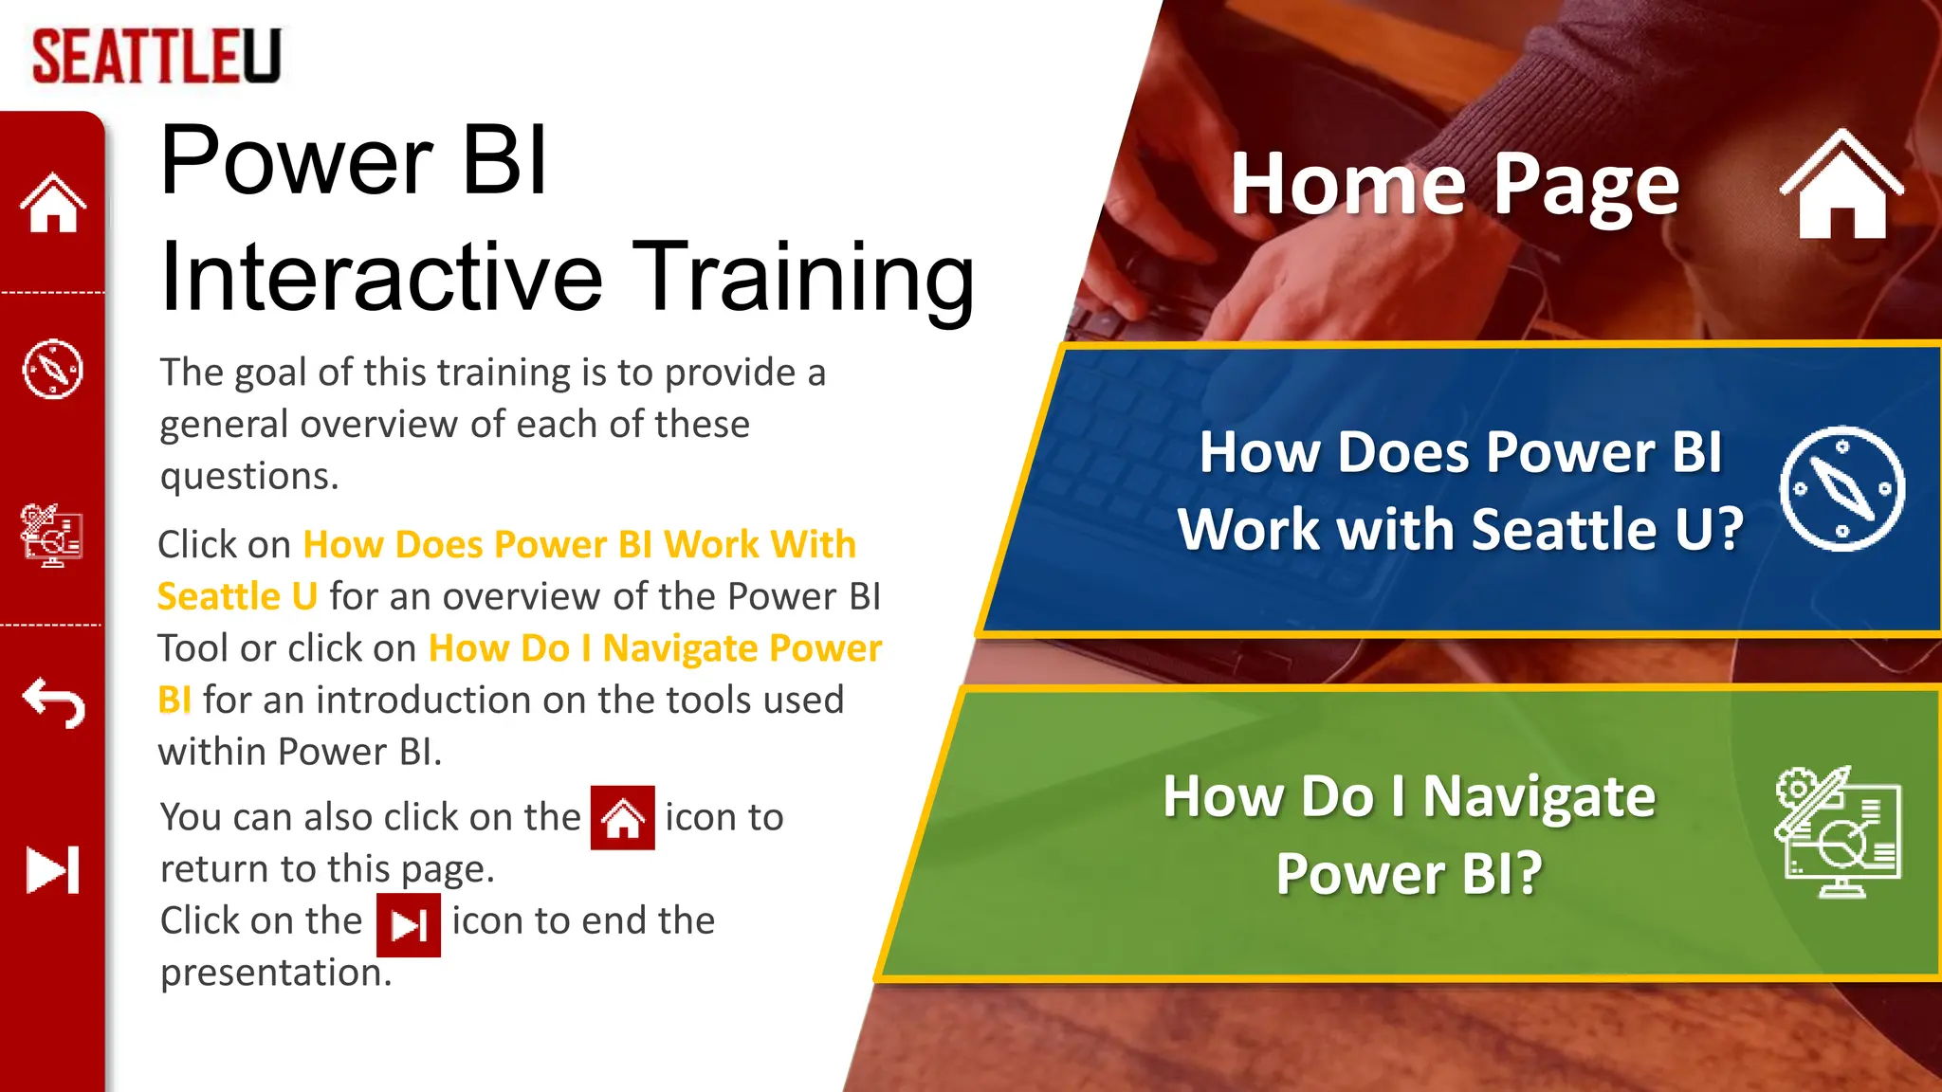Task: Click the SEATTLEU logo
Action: click(x=156, y=56)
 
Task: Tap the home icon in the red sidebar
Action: click(x=53, y=203)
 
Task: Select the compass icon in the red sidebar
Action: click(x=53, y=369)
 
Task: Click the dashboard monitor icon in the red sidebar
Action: click(x=52, y=536)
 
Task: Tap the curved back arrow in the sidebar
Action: click(x=54, y=702)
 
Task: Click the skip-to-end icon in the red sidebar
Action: click(x=53, y=869)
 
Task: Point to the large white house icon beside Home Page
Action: click(x=1841, y=185)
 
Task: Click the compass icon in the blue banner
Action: click(x=1841, y=489)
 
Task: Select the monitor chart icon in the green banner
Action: click(x=1838, y=832)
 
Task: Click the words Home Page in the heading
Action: click(x=1454, y=184)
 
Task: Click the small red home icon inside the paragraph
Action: click(x=622, y=817)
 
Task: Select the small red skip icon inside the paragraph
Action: click(x=409, y=925)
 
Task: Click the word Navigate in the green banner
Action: click(x=1538, y=798)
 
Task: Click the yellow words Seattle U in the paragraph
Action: click(x=237, y=596)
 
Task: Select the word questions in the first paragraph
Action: click(x=248, y=476)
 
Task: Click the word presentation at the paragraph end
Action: click(x=275, y=973)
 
